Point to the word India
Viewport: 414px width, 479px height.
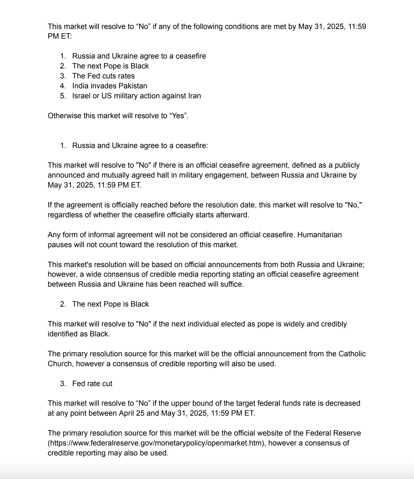[80, 86]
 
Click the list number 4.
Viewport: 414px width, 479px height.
[63, 86]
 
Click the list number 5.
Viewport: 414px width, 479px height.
[63, 96]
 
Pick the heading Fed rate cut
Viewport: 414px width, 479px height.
[92, 384]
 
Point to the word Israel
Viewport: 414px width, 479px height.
[81, 96]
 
